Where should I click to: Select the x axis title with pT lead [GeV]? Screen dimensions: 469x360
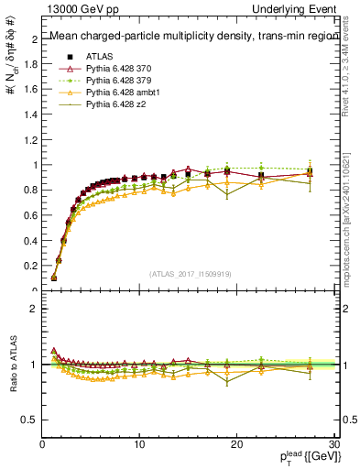tap(305, 458)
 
